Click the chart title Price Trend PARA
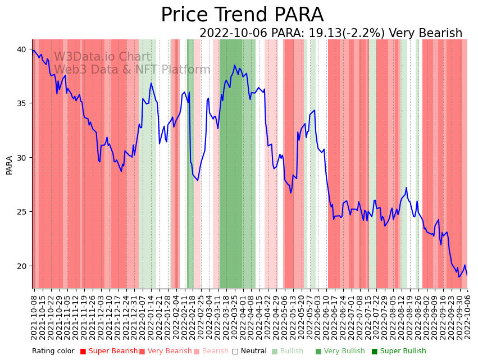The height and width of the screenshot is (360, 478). tap(242, 15)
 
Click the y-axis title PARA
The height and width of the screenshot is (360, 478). tap(10, 165)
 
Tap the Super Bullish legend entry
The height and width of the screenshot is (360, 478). tap(403, 351)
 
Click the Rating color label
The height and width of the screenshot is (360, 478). tap(53, 351)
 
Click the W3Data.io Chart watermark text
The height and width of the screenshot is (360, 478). tap(102, 57)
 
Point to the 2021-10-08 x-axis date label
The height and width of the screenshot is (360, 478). tap(34, 317)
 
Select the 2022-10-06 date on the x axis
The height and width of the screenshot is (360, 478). tap(467, 317)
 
